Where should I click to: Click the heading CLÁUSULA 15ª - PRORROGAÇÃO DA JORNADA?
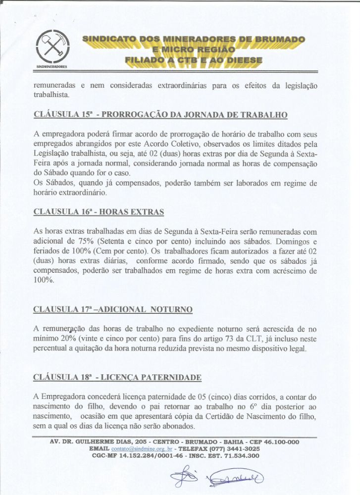pos(160,115)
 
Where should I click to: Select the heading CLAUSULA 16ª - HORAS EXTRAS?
pos(99,211)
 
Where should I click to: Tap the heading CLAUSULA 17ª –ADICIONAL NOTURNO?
pos(113,309)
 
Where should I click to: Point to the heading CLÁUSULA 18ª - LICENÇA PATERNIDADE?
pos(117,378)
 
